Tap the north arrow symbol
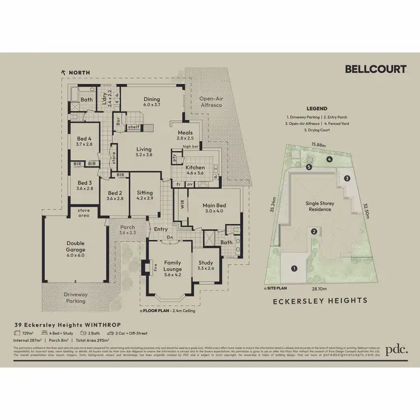63,72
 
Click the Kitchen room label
195,167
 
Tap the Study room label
207,262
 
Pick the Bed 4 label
85,140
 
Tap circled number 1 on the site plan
295,268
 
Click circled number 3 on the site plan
347,178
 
